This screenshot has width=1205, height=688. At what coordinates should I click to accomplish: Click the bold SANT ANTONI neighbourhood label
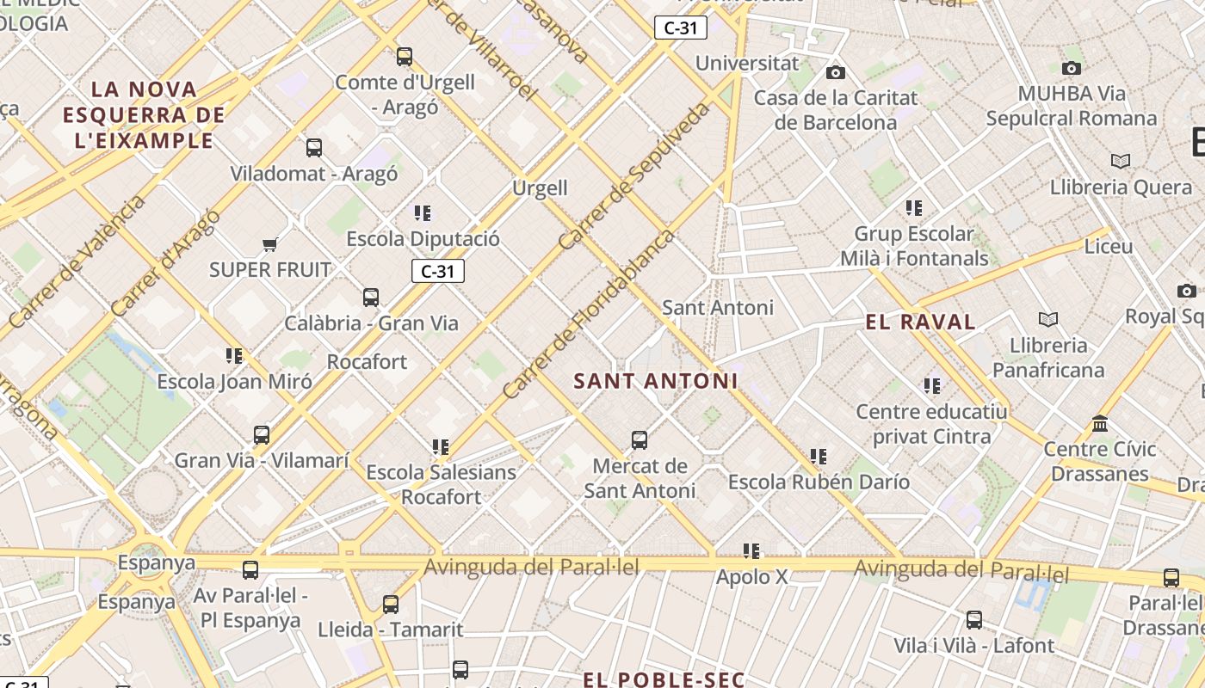click(x=656, y=381)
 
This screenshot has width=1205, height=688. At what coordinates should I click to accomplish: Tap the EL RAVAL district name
click(x=920, y=322)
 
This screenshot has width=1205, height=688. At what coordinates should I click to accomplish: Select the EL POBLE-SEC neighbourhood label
click(x=664, y=679)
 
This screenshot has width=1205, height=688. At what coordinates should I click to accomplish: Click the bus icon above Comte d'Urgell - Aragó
click(x=405, y=57)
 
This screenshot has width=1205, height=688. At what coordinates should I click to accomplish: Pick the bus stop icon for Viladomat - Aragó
click(x=314, y=148)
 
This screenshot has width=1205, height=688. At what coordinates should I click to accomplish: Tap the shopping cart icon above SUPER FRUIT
click(x=269, y=245)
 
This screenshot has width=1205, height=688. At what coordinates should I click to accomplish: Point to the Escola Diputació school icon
click(x=423, y=212)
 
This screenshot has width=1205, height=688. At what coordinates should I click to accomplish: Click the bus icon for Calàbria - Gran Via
click(x=371, y=298)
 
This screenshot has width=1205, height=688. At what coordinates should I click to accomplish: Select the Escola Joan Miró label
click(x=234, y=381)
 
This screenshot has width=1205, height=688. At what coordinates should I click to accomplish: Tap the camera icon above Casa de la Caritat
click(x=836, y=73)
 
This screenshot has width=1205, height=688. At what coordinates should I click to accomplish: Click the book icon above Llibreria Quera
click(x=1120, y=162)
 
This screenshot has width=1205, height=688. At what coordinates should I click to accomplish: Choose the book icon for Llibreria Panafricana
click(x=1047, y=320)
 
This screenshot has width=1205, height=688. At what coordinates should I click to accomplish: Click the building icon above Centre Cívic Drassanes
click(x=1100, y=424)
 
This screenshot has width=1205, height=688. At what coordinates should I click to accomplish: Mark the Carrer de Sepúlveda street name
click(x=635, y=176)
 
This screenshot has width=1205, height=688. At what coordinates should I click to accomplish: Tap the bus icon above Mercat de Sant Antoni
click(x=640, y=440)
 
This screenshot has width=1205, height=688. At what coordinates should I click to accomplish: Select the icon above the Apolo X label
click(x=751, y=550)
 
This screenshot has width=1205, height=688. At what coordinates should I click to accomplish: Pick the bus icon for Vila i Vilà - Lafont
click(x=974, y=620)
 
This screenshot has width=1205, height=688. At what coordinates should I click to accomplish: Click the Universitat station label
click(x=747, y=63)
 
